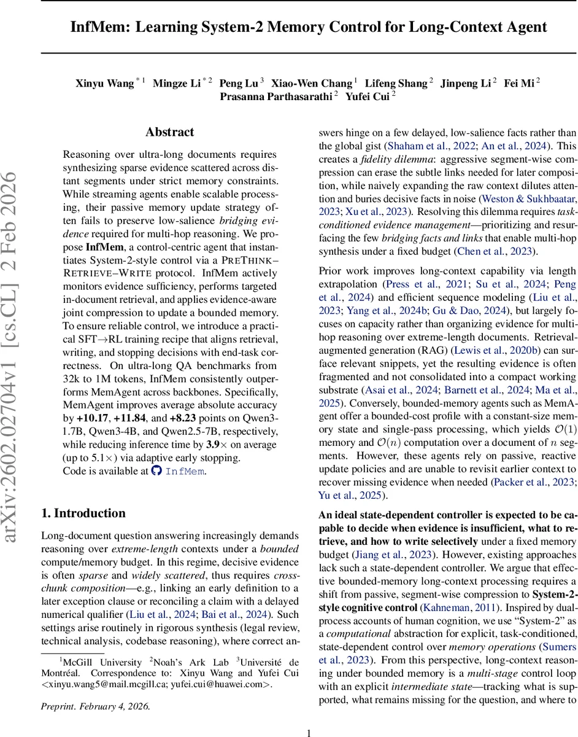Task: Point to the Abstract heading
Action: pyautogui.click(x=169, y=132)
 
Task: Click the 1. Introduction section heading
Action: pyautogui.click(x=83, y=513)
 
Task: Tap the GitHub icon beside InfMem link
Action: pyautogui.click(x=156, y=472)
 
